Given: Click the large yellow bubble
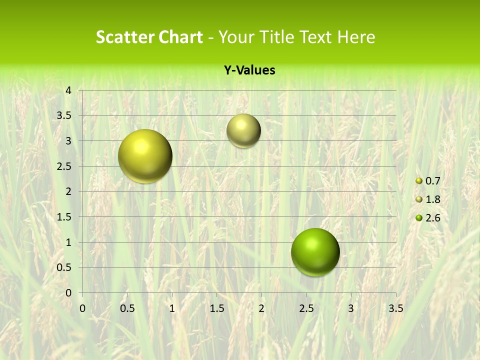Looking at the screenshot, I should pyautogui.click(x=145, y=156).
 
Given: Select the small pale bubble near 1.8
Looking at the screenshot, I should pyautogui.click(x=243, y=130).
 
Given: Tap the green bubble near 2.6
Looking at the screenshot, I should pyautogui.click(x=315, y=252).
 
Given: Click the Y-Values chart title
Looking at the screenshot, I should pyautogui.click(x=249, y=70).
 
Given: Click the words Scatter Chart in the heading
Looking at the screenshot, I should pyautogui.click(x=149, y=37).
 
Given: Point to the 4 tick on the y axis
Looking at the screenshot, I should pyautogui.click(x=68, y=90).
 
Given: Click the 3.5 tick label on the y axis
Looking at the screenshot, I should pyautogui.click(x=64, y=115).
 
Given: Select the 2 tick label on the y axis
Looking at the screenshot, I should pyautogui.click(x=68, y=191).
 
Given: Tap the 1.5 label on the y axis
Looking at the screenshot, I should pyautogui.click(x=64, y=217).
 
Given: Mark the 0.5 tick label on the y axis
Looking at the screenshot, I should pyautogui.click(x=64, y=267).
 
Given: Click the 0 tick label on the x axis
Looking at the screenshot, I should pyautogui.click(x=82, y=308).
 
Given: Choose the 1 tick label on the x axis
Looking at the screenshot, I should pyautogui.click(x=172, y=308).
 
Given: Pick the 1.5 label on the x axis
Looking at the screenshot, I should pyautogui.click(x=216, y=308).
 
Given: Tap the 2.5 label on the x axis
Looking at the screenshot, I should pyautogui.click(x=306, y=308).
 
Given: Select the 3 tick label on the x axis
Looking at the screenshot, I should pyautogui.click(x=351, y=308).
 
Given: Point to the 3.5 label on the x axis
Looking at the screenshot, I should pyautogui.click(x=395, y=308).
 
